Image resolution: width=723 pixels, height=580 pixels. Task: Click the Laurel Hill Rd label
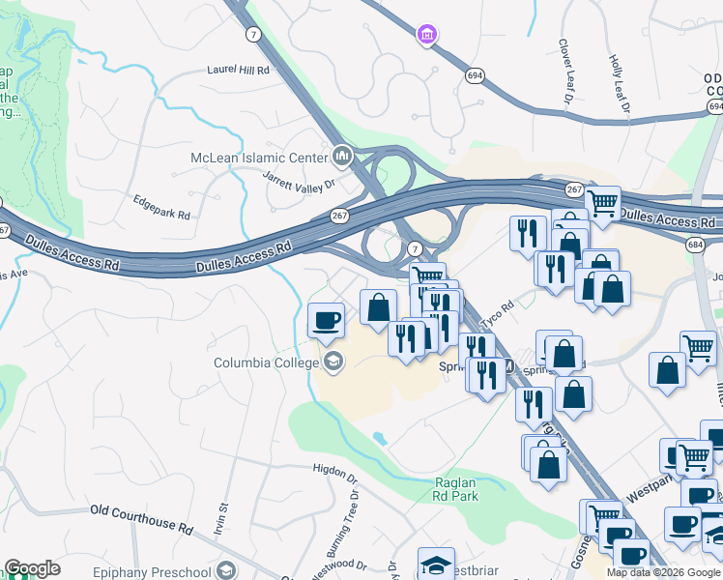click(238, 70)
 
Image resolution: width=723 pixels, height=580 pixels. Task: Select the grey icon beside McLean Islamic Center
click(341, 156)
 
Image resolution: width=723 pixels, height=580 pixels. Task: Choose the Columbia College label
click(266, 363)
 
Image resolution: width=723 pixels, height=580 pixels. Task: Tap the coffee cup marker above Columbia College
click(326, 320)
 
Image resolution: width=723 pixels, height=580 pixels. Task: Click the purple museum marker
click(425, 36)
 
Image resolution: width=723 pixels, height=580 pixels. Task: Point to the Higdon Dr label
click(335, 469)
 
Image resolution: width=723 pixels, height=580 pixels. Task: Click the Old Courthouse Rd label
click(141, 517)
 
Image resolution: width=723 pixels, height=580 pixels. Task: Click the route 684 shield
click(696, 246)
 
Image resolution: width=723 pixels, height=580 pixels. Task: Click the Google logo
click(32, 568)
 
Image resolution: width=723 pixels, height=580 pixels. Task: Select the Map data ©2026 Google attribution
click(663, 572)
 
